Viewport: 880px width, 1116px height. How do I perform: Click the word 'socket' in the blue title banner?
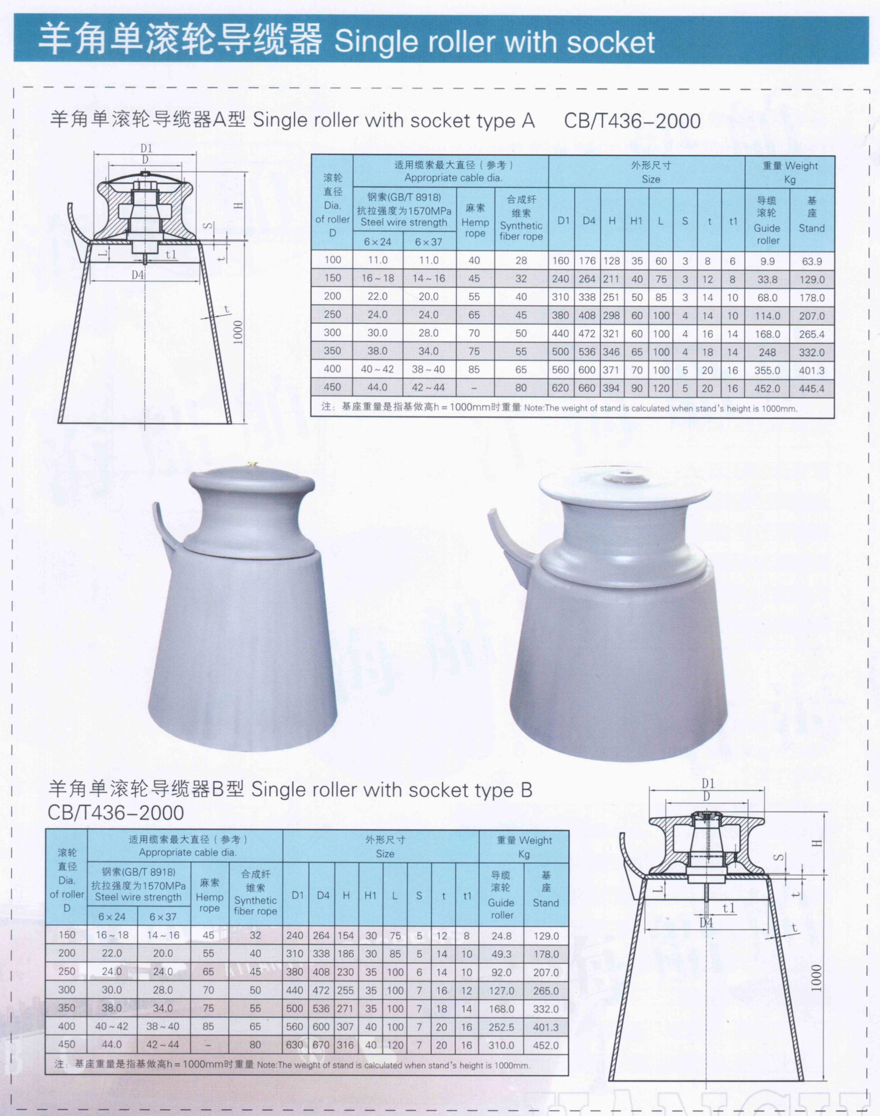pos(610,42)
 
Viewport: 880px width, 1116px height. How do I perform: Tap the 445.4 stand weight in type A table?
pos(811,388)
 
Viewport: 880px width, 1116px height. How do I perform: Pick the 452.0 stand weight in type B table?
pos(545,1045)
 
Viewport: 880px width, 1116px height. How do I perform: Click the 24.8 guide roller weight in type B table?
pos(501,936)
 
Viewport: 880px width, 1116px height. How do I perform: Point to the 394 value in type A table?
pos(611,388)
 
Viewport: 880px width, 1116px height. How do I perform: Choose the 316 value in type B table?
pos(345,1045)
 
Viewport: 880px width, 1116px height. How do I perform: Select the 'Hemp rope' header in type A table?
pos(475,221)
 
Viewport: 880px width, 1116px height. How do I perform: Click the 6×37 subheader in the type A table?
pos(428,242)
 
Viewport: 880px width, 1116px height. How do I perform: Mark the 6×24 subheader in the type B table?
pos(112,917)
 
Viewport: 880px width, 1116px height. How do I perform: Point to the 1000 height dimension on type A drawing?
pos(238,332)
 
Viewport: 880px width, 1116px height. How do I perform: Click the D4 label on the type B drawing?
pos(706,922)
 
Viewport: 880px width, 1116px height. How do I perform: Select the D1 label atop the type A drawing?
pos(146,148)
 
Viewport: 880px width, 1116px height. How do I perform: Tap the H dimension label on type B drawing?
pos(817,843)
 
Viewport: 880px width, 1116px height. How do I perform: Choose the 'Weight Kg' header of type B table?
pos(523,846)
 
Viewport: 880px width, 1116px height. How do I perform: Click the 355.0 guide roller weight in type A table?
pos(767,370)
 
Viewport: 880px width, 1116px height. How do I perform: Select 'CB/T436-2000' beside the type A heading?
pos(632,121)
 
